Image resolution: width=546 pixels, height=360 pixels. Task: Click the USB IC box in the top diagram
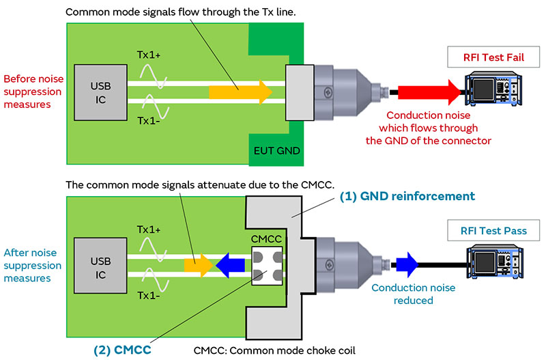(x=97, y=91)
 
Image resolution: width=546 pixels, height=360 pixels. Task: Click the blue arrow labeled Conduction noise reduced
(x=407, y=262)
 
